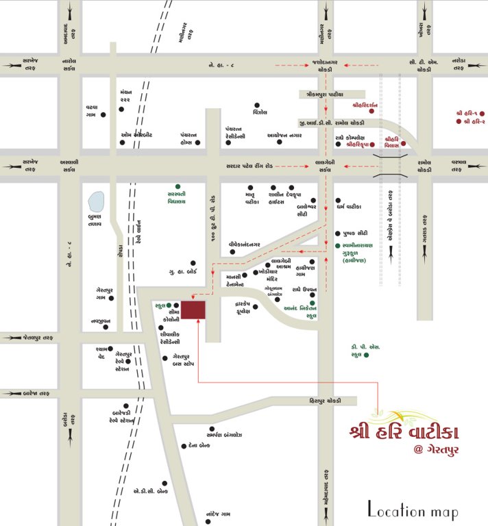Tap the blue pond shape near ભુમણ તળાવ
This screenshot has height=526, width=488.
click(97, 202)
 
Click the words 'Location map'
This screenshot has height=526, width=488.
click(413, 510)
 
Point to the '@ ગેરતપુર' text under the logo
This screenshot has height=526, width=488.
click(432, 450)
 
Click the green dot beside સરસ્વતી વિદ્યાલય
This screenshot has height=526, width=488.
click(178, 186)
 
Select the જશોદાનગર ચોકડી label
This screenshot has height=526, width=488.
click(321, 66)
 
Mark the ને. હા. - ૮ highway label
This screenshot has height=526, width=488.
click(223, 65)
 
